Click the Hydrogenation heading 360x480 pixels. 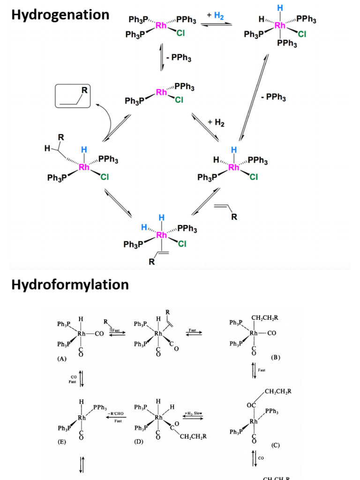click(60, 15)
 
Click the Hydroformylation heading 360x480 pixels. click(70, 285)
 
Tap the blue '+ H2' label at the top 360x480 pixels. click(215, 16)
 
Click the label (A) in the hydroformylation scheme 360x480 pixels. click(61, 358)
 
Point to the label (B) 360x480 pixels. click(275, 357)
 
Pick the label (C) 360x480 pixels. click(275, 445)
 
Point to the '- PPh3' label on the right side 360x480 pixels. click(273, 98)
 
